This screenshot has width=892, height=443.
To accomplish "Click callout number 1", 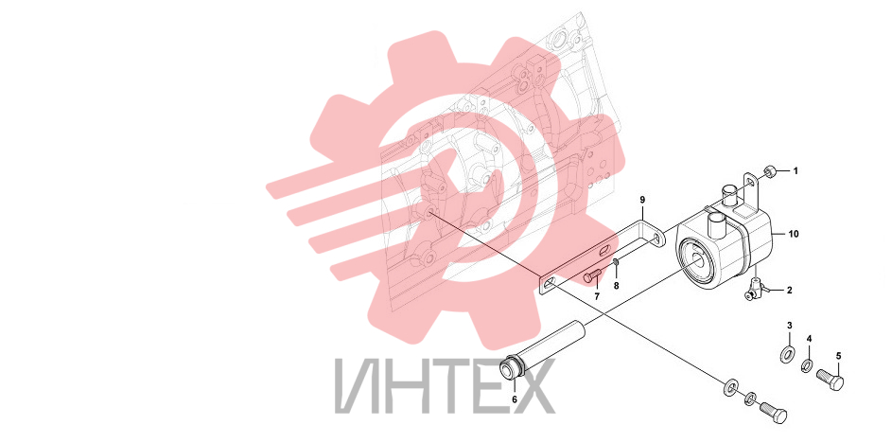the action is (x=796, y=170).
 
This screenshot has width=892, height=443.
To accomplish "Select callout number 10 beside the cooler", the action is (x=794, y=234).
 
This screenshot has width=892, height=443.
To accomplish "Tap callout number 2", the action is (x=789, y=291).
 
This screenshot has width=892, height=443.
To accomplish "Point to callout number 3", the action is (x=789, y=326).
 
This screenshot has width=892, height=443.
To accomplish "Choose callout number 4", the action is (x=809, y=339).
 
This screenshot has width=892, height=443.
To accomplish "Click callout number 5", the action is (x=838, y=357).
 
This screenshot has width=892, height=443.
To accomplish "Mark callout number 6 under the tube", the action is (x=515, y=399).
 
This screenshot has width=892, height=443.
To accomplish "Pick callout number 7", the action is (x=597, y=296).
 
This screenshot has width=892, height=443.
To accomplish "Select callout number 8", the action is (x=616, y=285).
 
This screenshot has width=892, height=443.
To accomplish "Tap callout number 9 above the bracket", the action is (x=642, y=200).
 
